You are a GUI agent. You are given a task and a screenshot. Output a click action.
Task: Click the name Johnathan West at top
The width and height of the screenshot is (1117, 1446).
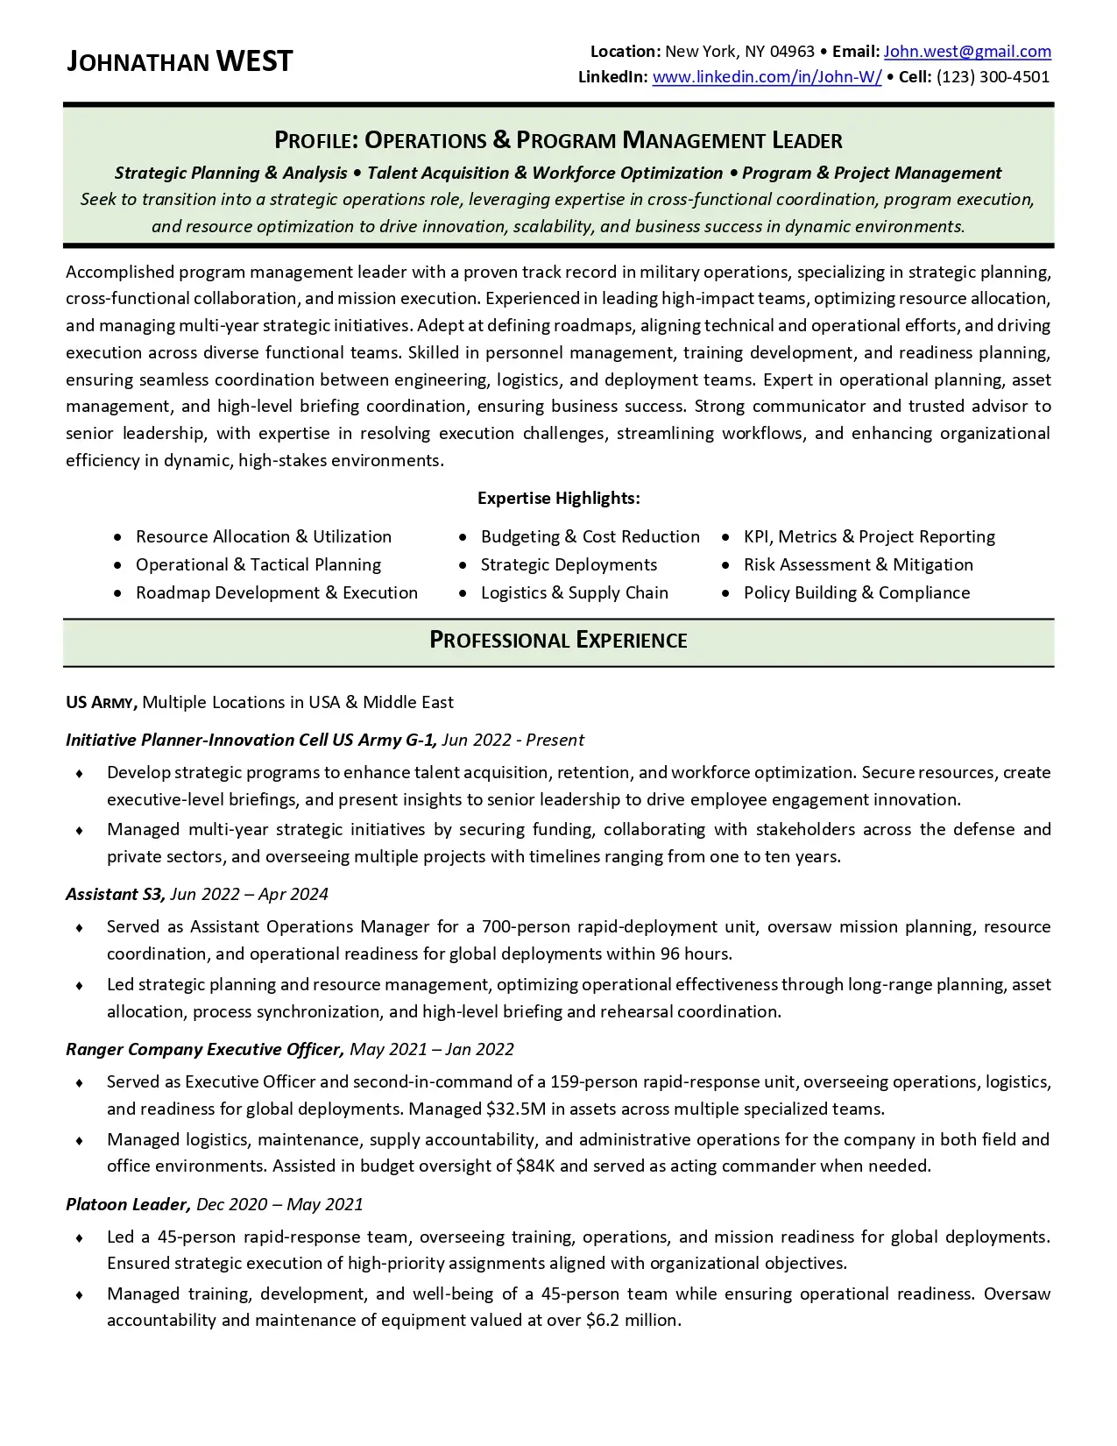tap(180, 62)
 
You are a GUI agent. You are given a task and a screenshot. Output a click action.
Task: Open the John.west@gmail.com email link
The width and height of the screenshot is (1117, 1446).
tap(967, 52)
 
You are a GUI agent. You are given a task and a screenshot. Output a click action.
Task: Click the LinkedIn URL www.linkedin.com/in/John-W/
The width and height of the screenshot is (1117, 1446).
tap(767, 77)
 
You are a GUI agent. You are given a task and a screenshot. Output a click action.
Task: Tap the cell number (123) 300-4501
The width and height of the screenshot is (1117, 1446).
tap(993, 77)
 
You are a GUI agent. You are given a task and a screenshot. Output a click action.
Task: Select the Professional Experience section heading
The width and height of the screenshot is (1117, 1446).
tap(558, 641)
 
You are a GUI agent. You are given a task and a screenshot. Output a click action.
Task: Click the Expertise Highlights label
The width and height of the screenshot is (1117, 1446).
tap(558, 499)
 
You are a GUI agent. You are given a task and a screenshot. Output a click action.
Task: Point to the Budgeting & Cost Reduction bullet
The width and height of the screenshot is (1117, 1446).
tap(590, 537)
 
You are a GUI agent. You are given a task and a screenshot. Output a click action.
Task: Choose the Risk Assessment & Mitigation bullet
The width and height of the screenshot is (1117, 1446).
tap(858, 565)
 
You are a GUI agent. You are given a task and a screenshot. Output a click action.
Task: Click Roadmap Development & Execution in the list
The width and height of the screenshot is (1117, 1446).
tap(276, 593)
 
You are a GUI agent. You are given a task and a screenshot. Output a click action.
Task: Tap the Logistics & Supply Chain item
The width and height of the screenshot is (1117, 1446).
tap(574, 593)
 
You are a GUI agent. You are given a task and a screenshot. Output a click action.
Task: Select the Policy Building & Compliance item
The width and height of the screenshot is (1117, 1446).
tap(856, 593)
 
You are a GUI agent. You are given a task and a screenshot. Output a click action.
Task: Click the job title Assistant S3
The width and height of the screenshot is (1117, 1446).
tap(115, 895)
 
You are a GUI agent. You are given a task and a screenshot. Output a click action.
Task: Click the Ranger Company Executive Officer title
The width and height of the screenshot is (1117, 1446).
tap(204, 1050)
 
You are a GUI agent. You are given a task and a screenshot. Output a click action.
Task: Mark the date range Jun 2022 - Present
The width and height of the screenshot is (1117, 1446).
tap(513, 741)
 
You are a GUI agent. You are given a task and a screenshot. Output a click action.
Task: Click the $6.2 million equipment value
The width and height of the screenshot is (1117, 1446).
tap(632, 1321)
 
